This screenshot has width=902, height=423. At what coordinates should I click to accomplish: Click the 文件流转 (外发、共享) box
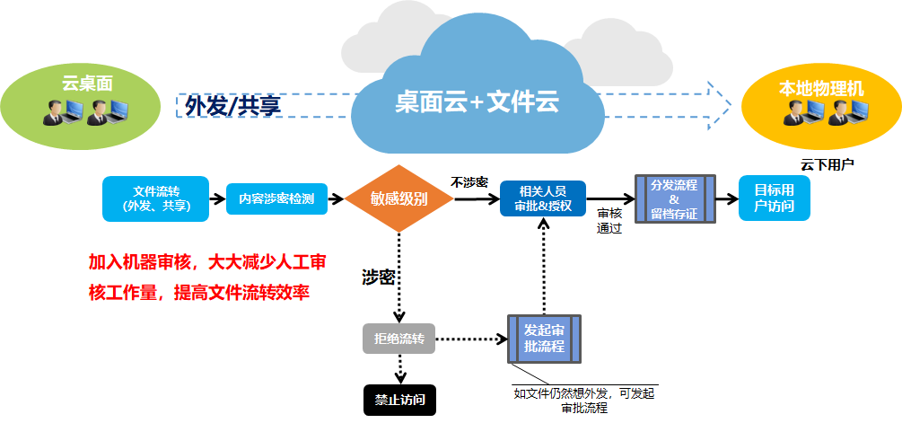[155, 198]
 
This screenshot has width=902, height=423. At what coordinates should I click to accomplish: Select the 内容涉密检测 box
[276, 198]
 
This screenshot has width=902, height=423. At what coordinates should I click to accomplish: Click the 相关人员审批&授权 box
[542, 198]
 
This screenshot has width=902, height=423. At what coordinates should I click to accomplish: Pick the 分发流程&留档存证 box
[673, 198]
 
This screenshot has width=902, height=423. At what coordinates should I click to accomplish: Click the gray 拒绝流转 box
[398, 339]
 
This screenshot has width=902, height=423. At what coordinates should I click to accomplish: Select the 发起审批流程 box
[544, 339]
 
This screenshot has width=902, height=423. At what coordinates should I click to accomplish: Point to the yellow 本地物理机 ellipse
[820, 101]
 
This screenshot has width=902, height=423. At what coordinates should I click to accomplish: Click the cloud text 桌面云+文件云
[477, 102]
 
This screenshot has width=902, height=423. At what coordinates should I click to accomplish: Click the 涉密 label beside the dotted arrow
[378, 277]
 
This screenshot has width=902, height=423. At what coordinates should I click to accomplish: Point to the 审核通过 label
[609, 221]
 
